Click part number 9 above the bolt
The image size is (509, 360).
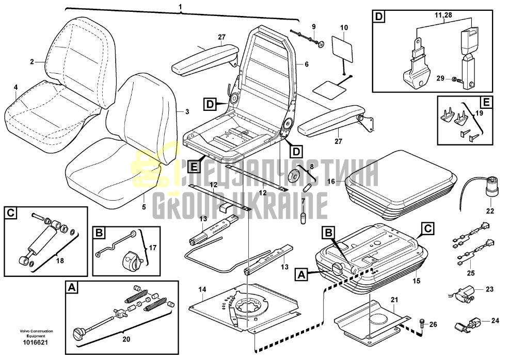coord(313,26)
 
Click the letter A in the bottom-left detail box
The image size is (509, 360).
coord(72,287)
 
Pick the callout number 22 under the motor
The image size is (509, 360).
coord(490,211)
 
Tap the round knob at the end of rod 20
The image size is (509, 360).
coord(79,333)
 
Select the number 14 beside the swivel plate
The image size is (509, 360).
coord(202,289)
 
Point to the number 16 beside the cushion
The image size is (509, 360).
coord(331,181)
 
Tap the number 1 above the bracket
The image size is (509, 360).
coord(181,7)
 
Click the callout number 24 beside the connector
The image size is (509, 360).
coord(495,321)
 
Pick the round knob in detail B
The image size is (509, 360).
coord(132,260)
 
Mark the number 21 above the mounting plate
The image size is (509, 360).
coord(394,300)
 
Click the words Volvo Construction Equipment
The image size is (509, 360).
coord(36,333)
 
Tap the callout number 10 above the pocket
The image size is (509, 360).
coord(344,27)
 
